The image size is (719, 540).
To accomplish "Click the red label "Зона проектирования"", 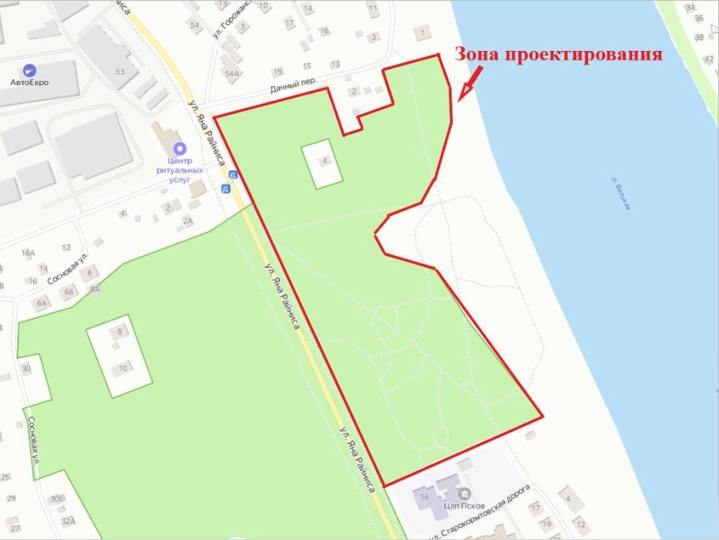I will pos(559,55).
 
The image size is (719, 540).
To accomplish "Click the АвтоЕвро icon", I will pos(29,70).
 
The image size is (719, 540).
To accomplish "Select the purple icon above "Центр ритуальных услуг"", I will pos(179,148).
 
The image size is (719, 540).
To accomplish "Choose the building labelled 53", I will pos(119,71).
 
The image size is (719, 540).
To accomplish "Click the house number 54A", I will pos(231,73).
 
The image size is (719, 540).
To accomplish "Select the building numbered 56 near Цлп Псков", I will pos(424,497).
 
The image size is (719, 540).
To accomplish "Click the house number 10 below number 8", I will pos(123,366).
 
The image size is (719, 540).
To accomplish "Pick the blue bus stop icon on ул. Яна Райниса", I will pos(225,186).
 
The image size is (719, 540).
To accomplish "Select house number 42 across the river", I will pos(709,58).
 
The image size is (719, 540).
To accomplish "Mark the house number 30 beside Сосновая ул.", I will pos(26,368).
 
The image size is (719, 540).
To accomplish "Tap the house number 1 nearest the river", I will pos(423,32).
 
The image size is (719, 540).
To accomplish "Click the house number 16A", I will pos(28,253).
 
